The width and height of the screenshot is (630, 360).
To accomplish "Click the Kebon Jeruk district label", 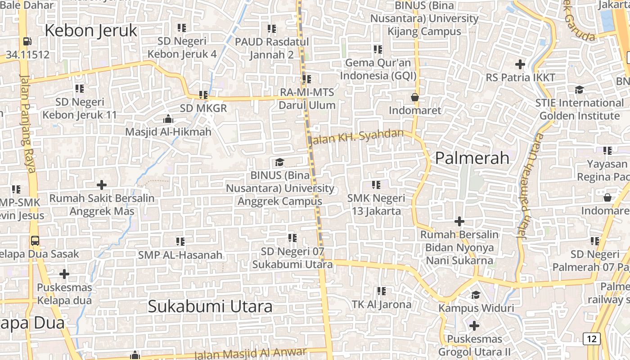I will (x=91, y=31).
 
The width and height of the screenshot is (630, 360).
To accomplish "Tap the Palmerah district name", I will (x=472, y=158).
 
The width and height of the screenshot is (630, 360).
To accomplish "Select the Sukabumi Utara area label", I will (x=210, y=306).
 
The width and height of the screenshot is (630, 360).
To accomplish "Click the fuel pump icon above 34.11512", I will (x=27, y=41).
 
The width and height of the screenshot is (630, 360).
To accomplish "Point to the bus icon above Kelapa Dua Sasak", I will (x=35, y=240).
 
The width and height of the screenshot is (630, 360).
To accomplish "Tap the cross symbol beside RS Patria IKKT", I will (x=520, y=64).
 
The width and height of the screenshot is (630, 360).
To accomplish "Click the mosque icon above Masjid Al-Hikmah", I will (x=168, y=119).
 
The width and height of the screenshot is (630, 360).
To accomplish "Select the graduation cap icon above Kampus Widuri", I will (x=476, y=295).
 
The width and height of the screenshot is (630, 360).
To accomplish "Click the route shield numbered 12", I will (x=591, y=339).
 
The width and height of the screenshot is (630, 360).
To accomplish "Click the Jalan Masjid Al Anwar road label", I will (x=250, y=354).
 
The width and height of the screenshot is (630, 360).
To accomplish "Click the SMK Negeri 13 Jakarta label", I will (x=376, y=204).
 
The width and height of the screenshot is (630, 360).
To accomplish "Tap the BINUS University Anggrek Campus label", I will (x=280, y=188).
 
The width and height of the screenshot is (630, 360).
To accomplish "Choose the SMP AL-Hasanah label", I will (x=180, y=255).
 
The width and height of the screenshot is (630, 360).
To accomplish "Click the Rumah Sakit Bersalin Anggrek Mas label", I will (x=102, y=204).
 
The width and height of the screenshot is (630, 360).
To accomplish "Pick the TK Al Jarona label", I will (x=382, y=305).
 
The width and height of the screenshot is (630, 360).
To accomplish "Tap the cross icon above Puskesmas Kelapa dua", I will (x=64, y=274).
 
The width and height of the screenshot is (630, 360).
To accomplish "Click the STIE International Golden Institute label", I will (x=579, y=109).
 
